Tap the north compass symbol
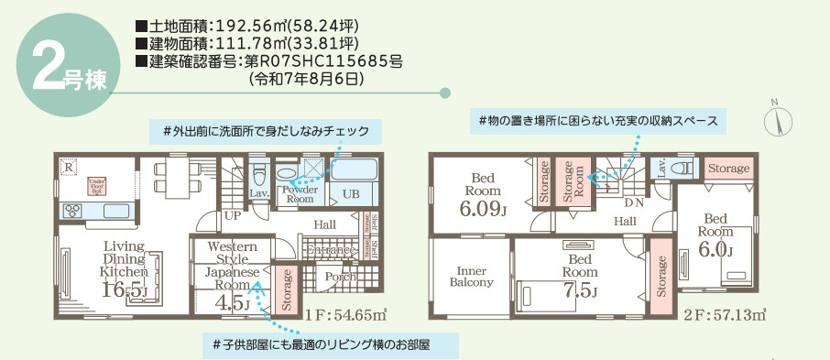[775, 119]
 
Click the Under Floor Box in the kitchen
[97, 186]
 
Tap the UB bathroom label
[351, 194]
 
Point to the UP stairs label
[234, 215]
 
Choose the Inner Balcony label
[472, 276]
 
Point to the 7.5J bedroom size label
[581, 291]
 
